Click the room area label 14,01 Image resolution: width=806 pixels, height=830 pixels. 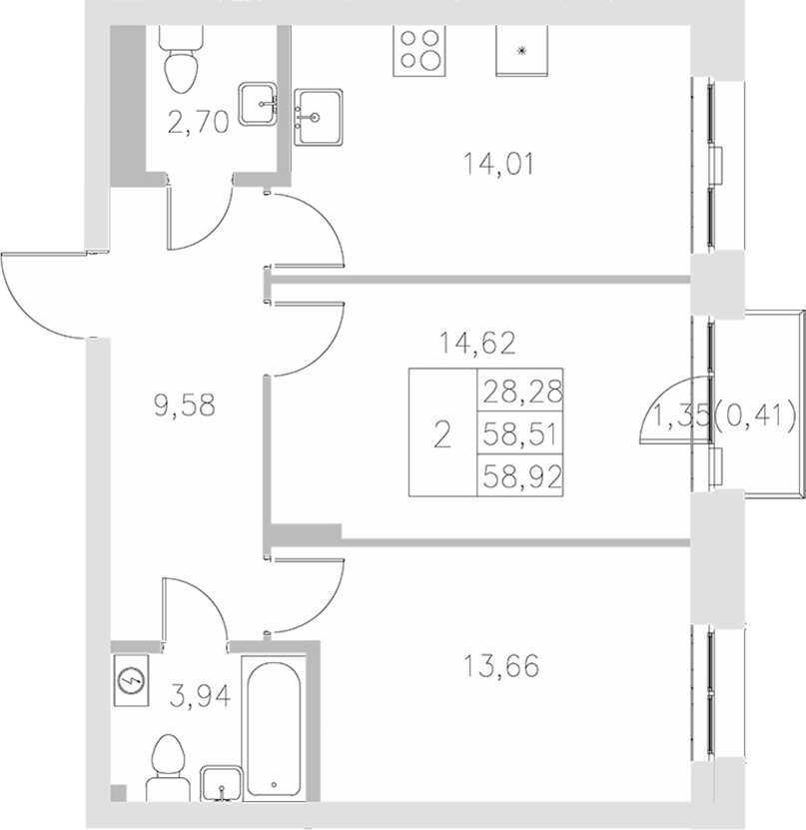click(x=500, y=162)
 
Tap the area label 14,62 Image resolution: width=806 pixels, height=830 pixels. click(x=477, y=345)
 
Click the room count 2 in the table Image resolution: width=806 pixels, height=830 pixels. click(x=441, y=433)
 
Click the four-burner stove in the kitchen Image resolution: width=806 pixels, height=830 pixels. click(x=419, y=47)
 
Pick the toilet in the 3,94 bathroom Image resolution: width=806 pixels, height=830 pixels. click(x=167, y=765)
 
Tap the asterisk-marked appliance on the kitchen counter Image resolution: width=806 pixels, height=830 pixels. click(x=521, y=49)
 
